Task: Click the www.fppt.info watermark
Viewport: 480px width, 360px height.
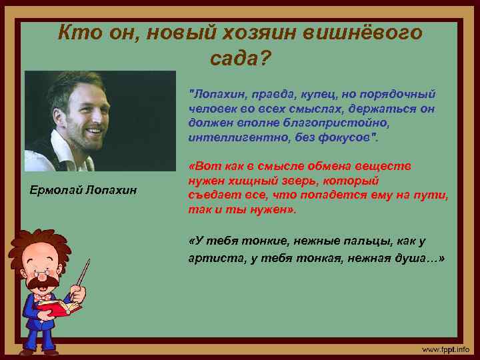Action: pos(445,349)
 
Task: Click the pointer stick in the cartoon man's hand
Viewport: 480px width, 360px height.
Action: pos(83,273)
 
